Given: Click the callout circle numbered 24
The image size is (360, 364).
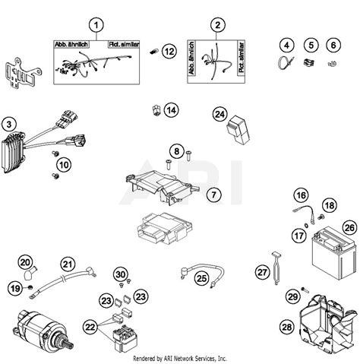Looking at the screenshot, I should click(220, 115).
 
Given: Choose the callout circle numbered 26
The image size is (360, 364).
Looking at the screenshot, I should click(349, 226).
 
